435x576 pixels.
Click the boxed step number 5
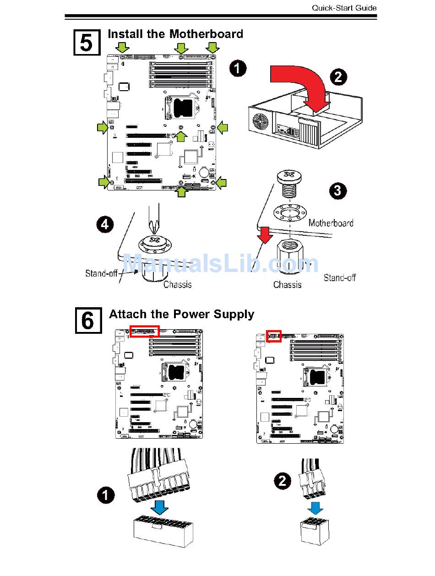87,43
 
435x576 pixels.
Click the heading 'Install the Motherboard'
175,34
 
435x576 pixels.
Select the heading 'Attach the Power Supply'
181,314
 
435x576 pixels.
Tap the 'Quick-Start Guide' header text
344,8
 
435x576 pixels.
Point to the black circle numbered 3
338,190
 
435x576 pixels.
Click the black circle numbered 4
105,224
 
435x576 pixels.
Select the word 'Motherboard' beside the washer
331,223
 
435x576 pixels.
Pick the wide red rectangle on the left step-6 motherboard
145,331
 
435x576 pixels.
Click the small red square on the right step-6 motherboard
274,337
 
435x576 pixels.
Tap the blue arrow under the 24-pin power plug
160,507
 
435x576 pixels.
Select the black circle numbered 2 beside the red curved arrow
338,76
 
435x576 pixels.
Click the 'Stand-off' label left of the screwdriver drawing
101,273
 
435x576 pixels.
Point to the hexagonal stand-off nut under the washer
289,259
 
